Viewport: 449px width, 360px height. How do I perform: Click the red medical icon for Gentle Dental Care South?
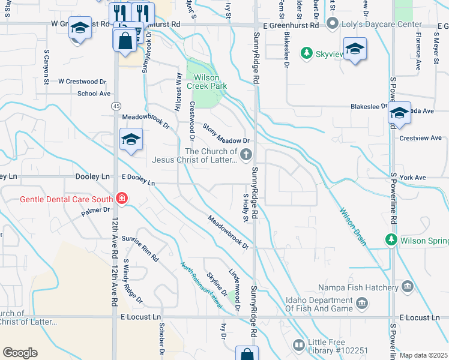122,199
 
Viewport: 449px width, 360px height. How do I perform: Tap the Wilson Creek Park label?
206,81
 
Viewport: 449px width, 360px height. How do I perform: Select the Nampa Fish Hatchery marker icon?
409,286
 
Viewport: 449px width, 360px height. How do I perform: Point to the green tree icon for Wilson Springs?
391,241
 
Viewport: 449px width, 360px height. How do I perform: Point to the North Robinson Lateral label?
200,285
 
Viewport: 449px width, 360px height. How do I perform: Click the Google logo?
20,352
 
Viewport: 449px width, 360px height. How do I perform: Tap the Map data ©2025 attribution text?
424,355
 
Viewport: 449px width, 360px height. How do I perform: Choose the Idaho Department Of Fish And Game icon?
361,304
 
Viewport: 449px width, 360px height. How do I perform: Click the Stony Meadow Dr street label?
225,133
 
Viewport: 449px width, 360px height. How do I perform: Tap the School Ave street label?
94,94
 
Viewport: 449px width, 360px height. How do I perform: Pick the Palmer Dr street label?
96,211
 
